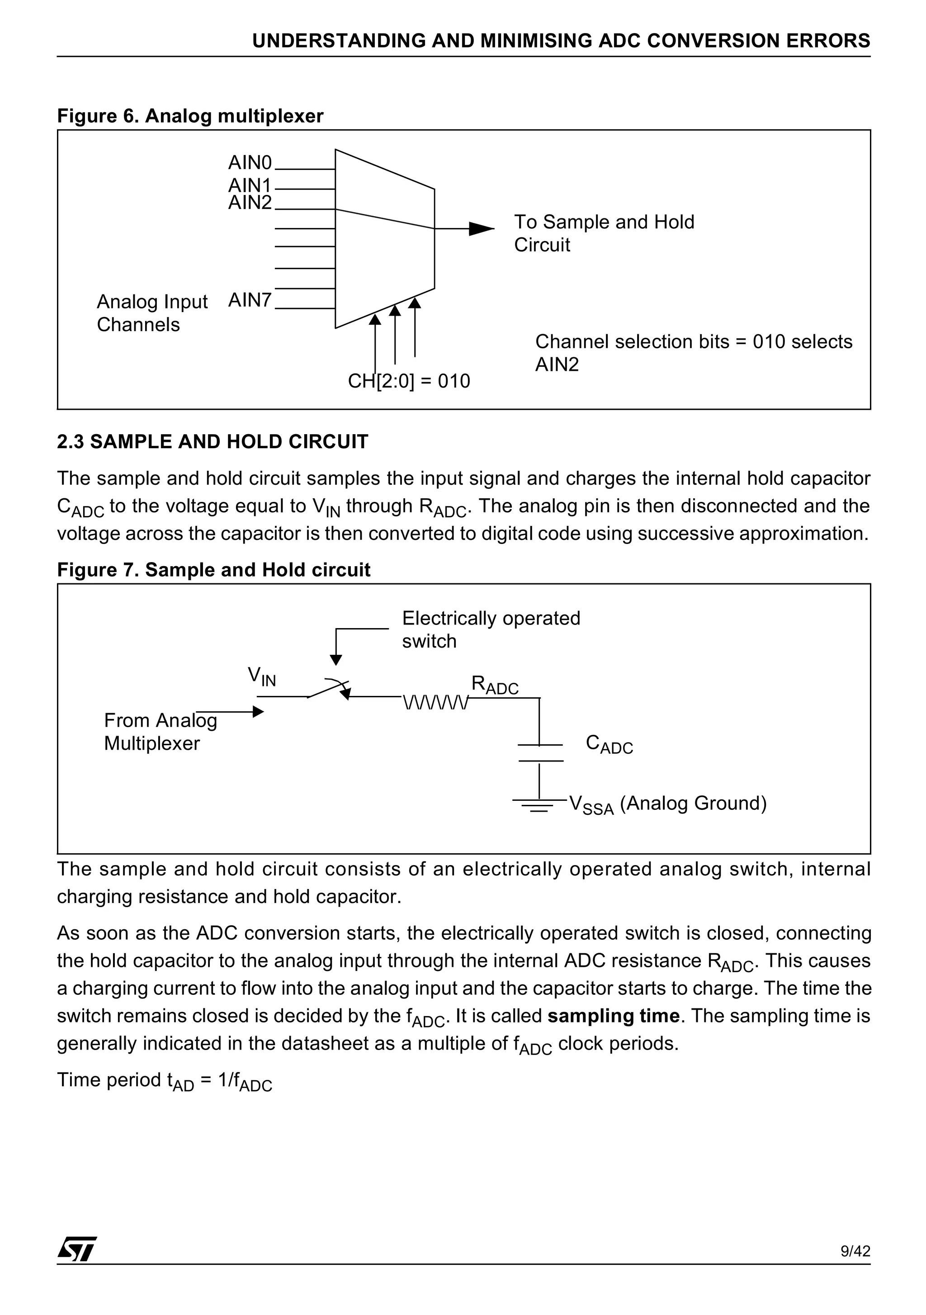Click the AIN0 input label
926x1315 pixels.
coord(250,163)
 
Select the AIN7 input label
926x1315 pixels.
coord(250,300)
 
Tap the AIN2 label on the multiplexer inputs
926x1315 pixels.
coord(250,203)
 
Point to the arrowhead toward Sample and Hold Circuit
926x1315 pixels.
coord(481,228)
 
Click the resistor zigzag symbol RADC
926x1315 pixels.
coord(436,702)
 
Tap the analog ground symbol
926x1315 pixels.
coord(539,806)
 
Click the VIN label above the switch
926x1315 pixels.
coord(262,676)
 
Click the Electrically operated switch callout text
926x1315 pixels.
coord(490,629)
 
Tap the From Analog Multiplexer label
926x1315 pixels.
coord(161,731)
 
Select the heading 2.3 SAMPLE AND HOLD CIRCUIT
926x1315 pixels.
coord(213,442)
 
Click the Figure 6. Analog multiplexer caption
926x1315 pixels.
coord(190,116)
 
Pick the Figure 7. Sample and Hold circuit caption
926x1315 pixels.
coord(213,570)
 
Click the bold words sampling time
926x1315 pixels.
coord(613,1016)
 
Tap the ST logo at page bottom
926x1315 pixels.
coord(77,1249)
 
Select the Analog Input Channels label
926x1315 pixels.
coord(152,313)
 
